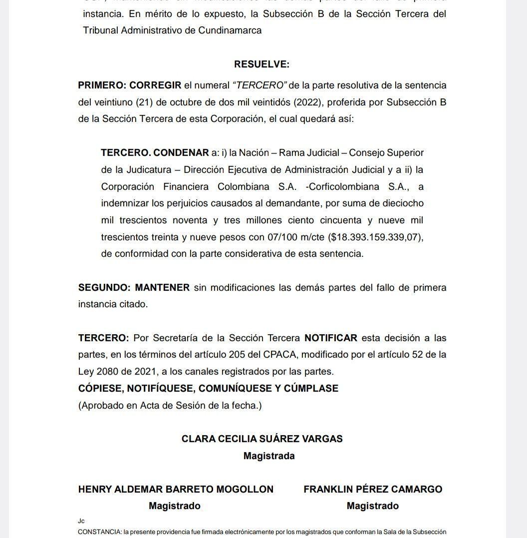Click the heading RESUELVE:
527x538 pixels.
click(262, 64)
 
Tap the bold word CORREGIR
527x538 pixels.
click(156, 85)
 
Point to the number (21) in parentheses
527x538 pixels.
click(144, 102)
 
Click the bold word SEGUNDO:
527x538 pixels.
click(104, 287)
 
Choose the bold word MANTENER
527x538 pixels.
click(162, 287)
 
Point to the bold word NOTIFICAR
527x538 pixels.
click(331, 338)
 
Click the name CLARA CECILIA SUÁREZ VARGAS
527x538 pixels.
click(262, 439)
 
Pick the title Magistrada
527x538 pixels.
click(269, 456)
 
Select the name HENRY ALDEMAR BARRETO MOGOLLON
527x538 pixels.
click(176, 489)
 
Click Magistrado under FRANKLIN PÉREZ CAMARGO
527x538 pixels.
click(372, 506)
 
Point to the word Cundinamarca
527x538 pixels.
click(230, 30)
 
